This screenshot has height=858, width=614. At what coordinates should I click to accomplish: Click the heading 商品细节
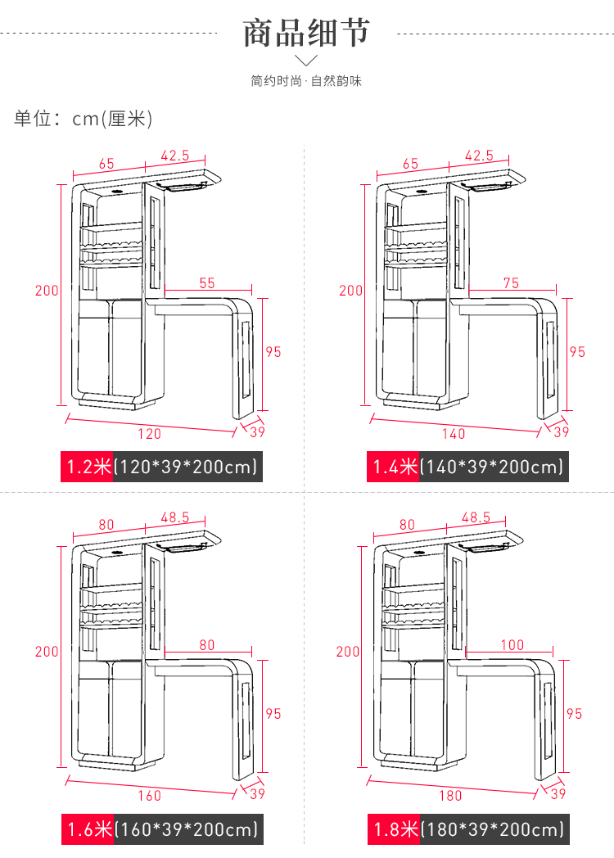306,32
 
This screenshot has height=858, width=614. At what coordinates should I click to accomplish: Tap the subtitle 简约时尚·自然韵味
306,81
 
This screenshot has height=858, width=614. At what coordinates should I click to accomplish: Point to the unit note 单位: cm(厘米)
84,118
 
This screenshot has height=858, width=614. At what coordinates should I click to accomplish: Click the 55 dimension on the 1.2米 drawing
207,283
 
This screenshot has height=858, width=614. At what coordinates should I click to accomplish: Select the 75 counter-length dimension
511,283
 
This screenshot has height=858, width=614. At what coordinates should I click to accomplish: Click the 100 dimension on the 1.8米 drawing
512,644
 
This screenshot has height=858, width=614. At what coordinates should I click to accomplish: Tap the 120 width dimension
149,434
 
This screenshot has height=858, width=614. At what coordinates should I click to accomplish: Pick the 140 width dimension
454,434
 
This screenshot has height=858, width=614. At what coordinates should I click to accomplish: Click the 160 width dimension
149,796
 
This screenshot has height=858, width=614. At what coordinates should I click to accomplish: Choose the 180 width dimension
450,796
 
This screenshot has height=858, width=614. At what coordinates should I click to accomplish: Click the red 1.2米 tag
87,467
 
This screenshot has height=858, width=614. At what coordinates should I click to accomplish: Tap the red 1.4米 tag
393,467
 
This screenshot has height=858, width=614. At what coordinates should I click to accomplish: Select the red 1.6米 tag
88,829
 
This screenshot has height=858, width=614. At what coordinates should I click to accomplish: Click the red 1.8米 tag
394,829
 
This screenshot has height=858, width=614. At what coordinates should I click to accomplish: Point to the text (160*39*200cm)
186,829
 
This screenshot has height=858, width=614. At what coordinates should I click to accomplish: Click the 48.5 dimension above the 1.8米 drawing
476,517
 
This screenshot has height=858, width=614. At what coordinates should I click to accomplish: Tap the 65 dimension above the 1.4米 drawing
410,164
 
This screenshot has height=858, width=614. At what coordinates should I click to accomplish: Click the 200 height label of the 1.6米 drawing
47,652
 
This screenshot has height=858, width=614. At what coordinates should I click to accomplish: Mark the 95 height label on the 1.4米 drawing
577,352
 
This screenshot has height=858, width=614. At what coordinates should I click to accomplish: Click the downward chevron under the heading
306,60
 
